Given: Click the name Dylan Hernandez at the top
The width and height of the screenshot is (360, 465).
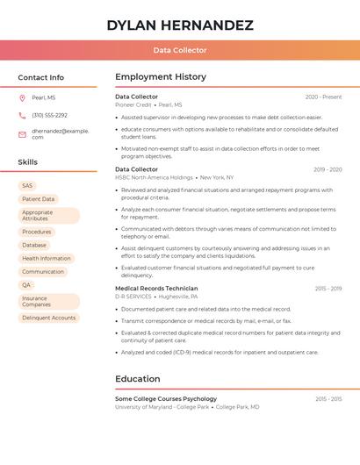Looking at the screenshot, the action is (180, 25).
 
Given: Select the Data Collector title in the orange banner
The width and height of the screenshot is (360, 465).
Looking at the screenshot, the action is (180, 50).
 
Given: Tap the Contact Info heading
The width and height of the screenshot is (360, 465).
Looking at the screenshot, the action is (41, 77).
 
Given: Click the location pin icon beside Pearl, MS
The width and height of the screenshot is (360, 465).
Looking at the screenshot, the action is (22, 98).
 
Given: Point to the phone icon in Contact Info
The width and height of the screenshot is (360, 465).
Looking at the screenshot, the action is (22, 115).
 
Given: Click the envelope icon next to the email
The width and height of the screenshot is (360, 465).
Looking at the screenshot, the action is (22, 134).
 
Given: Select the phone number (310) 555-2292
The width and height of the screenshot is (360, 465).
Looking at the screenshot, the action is (49, 115).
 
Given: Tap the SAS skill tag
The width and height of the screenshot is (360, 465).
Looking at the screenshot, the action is (27, 186).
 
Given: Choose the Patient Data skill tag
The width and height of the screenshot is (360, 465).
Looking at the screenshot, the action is (38, 199).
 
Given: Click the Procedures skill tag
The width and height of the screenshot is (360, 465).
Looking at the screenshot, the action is (36, 232).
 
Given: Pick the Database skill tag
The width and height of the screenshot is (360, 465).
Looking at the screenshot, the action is (34, 245).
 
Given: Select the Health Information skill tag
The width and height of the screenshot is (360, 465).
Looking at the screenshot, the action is (47, 258).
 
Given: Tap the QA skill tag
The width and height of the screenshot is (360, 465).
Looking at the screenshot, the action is (26, 285).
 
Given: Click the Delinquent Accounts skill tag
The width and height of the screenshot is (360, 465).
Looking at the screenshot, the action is (49, 318).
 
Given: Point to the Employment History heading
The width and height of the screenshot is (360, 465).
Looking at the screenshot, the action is (161, 77).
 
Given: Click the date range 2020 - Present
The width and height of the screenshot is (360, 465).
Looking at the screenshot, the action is (323, 97).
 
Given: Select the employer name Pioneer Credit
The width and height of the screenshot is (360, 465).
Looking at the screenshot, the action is (134, 104).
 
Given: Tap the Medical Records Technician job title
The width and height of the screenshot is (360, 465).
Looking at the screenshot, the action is (156, 288).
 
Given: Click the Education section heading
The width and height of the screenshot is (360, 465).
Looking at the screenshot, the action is (137, 379).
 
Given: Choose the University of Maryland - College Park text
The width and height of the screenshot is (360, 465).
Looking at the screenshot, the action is (162, 407).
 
